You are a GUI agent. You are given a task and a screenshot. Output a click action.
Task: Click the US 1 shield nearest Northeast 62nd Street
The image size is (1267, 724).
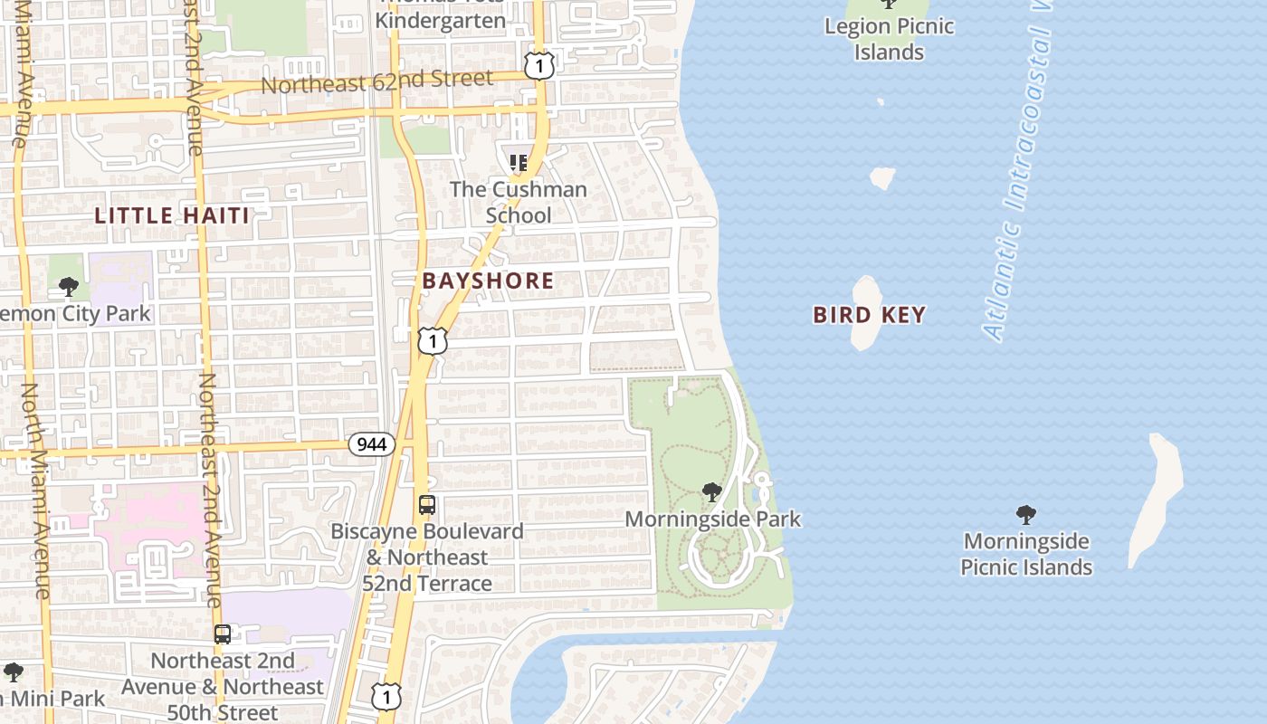click(x=538, y=65)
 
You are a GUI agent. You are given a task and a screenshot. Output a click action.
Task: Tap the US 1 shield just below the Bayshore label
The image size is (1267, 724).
click(x=433, y=340)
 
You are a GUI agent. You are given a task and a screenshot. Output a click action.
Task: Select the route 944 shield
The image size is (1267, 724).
click(x=372, y=444)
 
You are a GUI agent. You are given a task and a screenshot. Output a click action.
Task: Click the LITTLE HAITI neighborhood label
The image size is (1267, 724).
click(x=172, y=215)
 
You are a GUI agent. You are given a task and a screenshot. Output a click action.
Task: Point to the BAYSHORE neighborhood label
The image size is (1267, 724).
click(x=488, y=281)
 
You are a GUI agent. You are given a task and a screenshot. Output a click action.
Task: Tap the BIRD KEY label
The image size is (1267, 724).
click(x=869, y=315)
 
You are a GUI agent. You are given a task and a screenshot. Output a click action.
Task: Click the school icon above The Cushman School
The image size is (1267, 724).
click(x=518, y=163)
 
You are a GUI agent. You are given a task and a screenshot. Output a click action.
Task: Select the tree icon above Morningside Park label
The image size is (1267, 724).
click(x=712, y=492)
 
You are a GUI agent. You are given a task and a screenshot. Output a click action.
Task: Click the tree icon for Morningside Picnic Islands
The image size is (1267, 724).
click(x=1025, y=515)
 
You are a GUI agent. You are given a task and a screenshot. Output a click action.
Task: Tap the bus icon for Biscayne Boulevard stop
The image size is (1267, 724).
click(x=427, y=505)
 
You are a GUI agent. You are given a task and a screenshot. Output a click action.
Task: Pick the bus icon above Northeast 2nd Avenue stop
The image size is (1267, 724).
click(x=223, y=634)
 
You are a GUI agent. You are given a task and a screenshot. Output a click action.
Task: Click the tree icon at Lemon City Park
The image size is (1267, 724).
click(x=68, y=288)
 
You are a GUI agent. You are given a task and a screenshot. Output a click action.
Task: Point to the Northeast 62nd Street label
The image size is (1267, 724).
click(x=376, y=81)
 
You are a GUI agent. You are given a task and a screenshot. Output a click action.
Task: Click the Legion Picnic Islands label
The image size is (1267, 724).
click(x=889, y=39)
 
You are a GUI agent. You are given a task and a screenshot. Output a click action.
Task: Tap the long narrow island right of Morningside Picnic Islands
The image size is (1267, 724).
click(x=1157, y=498)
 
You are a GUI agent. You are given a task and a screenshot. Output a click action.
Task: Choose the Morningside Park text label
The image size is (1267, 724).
click(x=713, y=519)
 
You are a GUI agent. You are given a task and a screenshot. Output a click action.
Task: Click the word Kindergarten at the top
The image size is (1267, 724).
click(x=440, y=20)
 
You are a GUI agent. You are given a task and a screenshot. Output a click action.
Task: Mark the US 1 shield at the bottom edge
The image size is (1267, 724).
click(x=386, y=696)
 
